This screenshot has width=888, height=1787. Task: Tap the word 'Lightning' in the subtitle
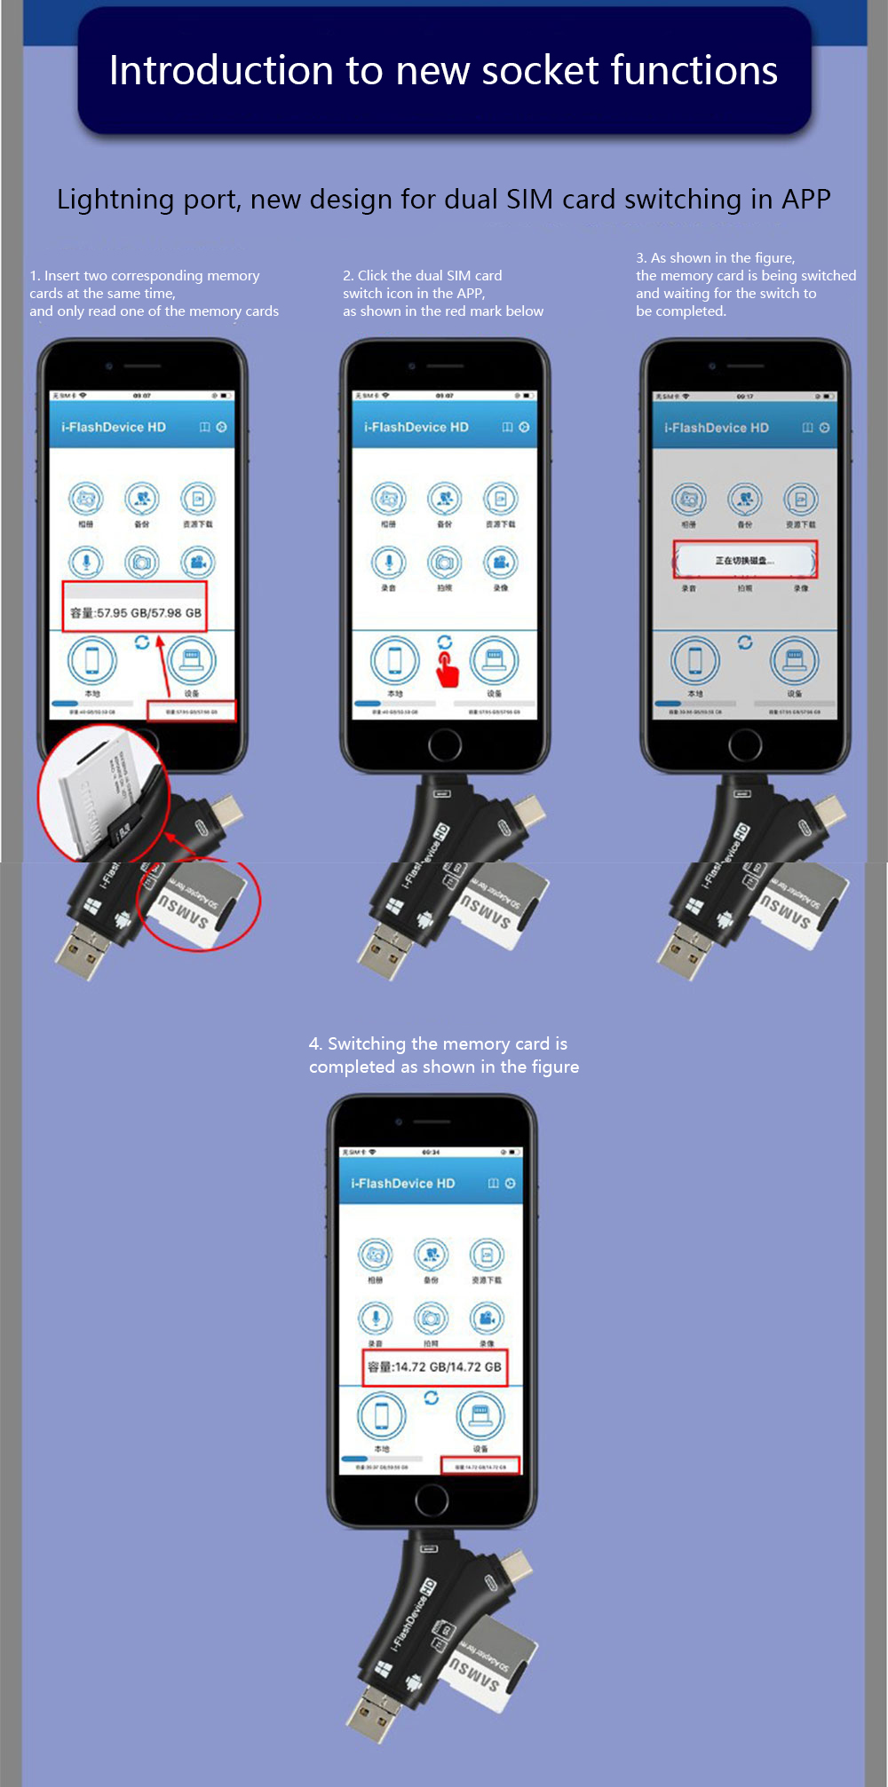[115, 200]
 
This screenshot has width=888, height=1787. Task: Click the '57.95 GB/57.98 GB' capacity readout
[136, 612]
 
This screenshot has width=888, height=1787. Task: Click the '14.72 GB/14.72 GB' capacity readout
[435, 1366]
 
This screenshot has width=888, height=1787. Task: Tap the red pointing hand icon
[447, 668]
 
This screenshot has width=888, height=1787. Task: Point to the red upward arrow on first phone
[163, 665]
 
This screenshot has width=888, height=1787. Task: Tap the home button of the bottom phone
[432, 1500]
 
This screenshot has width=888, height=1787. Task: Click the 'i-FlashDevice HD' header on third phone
[717, 428]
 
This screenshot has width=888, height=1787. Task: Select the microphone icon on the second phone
[388, 563]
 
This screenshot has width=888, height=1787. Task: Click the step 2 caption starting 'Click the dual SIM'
[422, 276]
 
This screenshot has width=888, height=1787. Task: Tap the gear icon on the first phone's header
[221, 427]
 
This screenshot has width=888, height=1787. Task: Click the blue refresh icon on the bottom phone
[432, 1397]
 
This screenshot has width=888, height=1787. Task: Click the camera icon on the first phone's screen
[142, 563]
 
